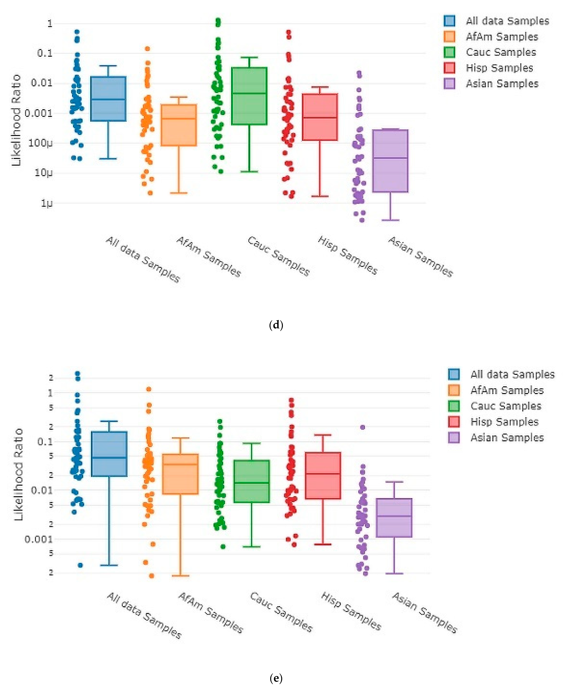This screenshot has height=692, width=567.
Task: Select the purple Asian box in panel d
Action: pos(390,161)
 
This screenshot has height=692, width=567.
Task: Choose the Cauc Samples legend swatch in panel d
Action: pos(449,52)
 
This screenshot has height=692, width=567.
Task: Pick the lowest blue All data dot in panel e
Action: pos(80,565)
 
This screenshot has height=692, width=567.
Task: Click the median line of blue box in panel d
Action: pos(108,99)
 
